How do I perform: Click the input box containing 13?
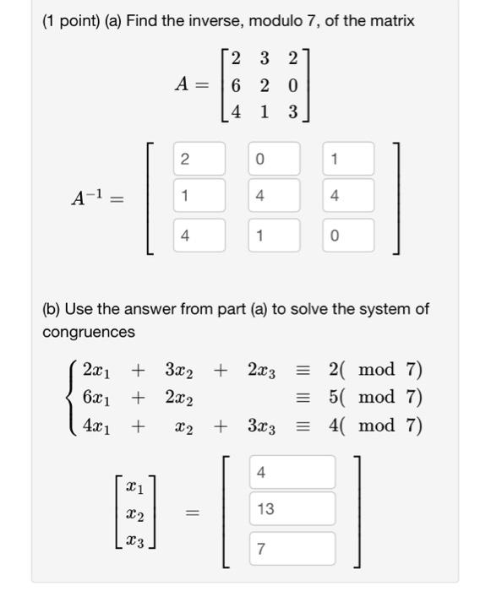292,509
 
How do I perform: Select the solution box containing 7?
292,549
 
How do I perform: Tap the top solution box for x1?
292,472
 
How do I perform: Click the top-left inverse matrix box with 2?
199,159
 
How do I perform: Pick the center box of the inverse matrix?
274,196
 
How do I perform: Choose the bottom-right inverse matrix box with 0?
347,236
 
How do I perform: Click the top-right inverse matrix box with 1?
347,159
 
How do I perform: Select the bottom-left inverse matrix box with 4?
199,236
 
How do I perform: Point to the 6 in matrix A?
235,84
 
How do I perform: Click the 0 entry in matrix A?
292,84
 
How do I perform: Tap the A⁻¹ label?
97,199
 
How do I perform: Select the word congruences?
89,332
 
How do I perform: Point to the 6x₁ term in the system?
97,397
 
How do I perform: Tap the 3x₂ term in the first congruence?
181,370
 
